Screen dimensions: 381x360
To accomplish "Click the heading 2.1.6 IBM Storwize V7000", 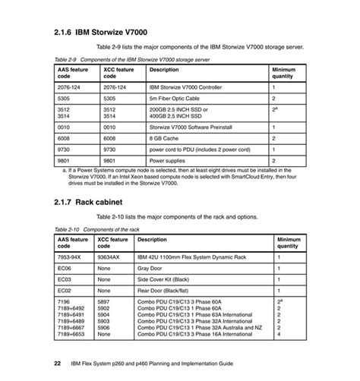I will (108, 33).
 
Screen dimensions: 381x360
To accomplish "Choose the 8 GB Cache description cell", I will (168, 140).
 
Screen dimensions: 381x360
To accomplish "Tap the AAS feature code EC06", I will (65, 268).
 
